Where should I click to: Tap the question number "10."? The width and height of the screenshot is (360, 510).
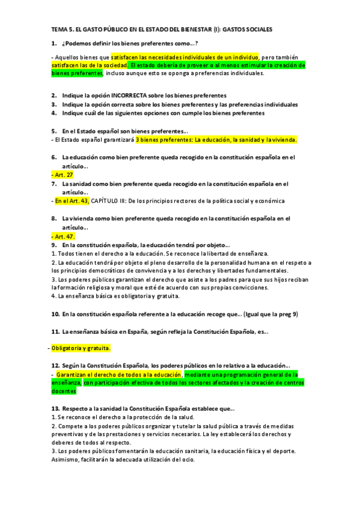coord(55,314)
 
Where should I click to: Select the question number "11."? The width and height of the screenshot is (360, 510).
coord(55,331)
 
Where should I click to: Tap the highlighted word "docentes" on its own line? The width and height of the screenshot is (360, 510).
coord(64,391)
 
